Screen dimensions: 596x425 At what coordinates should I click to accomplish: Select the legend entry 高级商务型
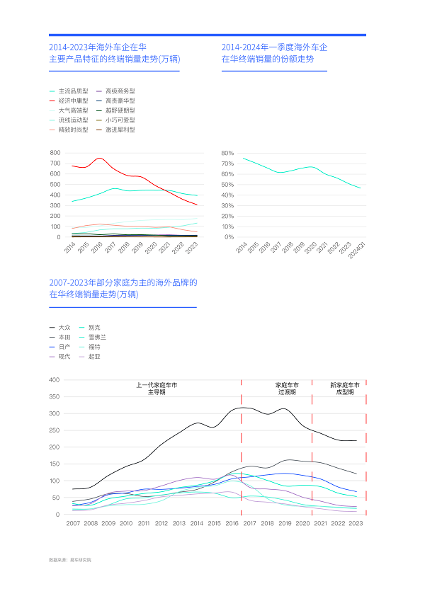[120, 91]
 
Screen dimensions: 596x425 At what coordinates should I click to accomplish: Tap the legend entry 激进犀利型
[120, 130]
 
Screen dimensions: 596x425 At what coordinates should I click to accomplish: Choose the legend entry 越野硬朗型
[120, 110]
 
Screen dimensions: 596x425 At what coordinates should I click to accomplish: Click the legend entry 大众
[64, 328]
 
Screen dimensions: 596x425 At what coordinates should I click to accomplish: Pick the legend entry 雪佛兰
[98, 338]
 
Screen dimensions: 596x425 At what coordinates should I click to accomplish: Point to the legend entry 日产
[64, 347]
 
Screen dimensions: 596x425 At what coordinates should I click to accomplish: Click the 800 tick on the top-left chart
[55, 153]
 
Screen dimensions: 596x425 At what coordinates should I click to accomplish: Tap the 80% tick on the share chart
[227, 153]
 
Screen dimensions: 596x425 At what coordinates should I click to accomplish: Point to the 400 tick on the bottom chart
[55, 380]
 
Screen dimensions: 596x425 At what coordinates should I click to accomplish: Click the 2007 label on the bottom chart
[73, 523]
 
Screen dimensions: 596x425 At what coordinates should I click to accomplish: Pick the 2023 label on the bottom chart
[356, 523]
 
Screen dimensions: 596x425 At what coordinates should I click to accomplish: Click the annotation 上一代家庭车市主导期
[157, 389]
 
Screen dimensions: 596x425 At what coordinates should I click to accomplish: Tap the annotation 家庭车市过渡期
[287, 389]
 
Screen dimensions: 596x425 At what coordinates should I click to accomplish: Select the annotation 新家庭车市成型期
[345, 389]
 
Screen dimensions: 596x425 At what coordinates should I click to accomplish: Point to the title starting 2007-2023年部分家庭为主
[123, 288]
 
